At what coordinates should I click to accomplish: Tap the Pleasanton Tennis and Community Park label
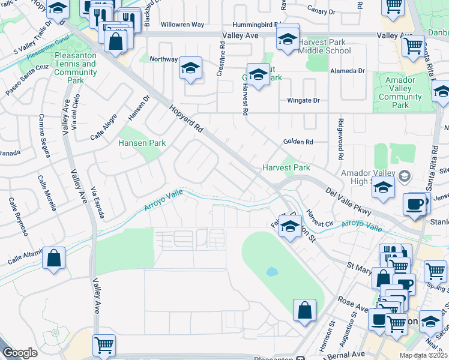point(76,68)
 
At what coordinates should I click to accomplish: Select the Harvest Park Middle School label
point(324,46)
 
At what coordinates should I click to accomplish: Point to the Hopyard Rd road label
point(187,119)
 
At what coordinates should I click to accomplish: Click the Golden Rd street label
point(298,142)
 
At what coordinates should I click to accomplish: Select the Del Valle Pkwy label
point(348,201)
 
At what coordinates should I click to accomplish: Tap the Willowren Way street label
point(182,25)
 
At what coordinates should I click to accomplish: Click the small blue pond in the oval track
point(272,271)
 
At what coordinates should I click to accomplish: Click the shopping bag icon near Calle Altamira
point(54,259)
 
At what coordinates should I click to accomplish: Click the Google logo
point(20,353)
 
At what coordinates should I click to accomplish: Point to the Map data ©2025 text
point(424,355)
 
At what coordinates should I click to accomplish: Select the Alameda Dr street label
point(348,71)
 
